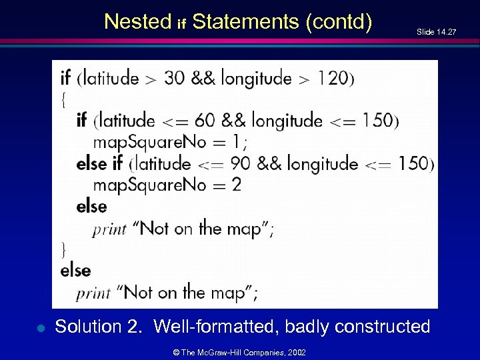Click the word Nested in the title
tap(138, 22)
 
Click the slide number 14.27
tap(436, 31)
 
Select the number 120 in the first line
tap(332, 78)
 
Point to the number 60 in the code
tap(205, 121)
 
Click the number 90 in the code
tap(241, 163)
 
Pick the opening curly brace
tap(63, 99)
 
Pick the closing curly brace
tap(63, 249)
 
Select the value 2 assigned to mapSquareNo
tap(237, 185)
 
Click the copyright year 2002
tap(296, 351)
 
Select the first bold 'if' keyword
tap(66, 78)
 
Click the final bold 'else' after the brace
tap(75, 270)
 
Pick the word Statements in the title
tap(245, 22)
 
